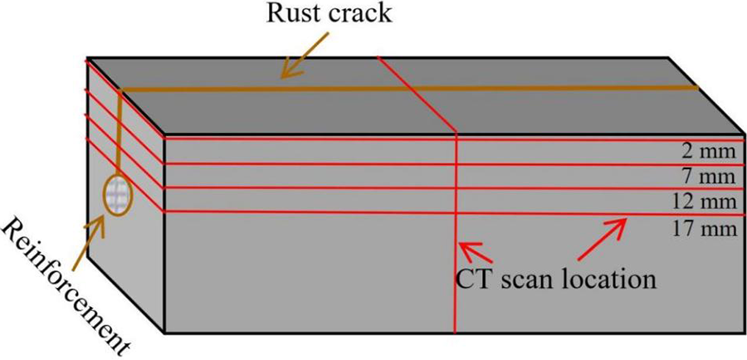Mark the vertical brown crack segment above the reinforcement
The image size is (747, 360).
(x=120, y=133)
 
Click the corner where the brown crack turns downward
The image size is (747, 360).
(x=121, y=90)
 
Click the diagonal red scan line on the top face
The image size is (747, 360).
(x=418, y=95)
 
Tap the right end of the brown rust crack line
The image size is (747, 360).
(x=696, y=88)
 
